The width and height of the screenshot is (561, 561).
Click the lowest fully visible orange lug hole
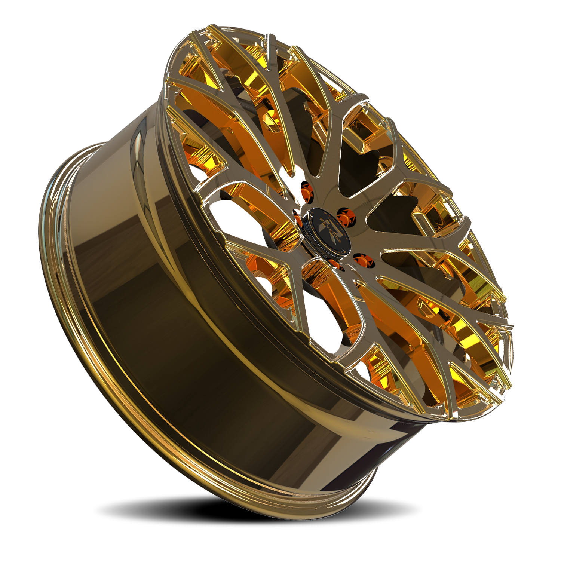point(361,260)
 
